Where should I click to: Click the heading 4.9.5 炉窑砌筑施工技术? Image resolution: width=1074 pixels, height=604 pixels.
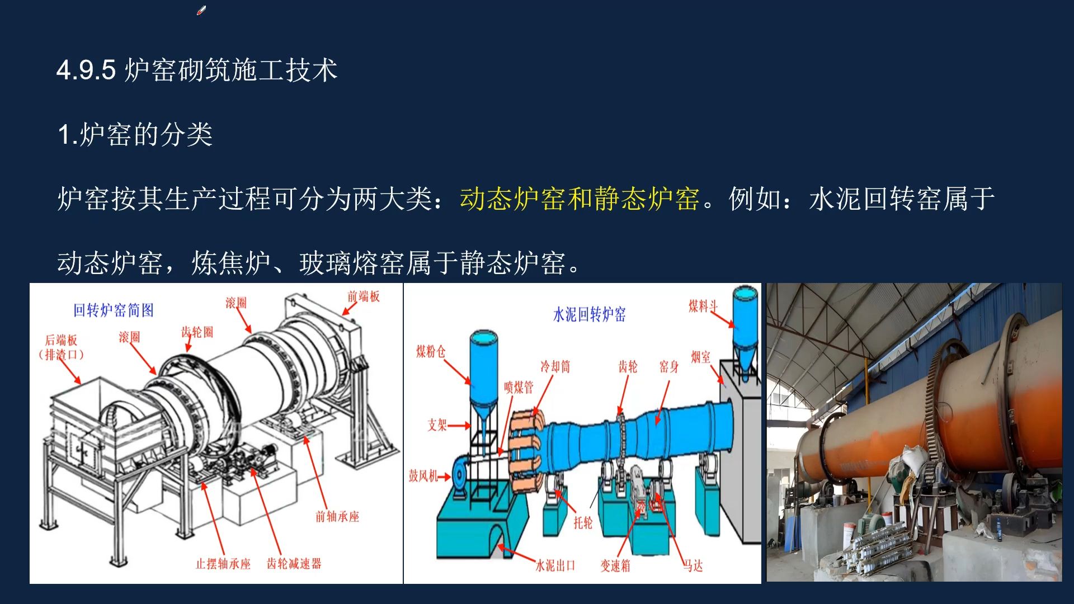click(197, 70)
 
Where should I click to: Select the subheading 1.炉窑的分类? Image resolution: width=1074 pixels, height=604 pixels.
click(135, 135)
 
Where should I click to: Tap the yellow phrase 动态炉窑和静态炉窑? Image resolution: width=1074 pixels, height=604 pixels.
click(580, 199)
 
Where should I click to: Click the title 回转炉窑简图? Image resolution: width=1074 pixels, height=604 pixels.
click(114, 310)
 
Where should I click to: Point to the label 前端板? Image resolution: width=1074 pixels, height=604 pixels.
click(364, 296)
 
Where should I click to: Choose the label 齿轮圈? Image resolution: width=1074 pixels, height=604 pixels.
click(197, 332)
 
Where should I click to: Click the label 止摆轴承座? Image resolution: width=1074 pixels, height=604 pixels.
click(223, 564)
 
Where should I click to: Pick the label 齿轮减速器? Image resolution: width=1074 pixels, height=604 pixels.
click(294, 563)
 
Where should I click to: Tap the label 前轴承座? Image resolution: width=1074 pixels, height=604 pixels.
click(337, 516)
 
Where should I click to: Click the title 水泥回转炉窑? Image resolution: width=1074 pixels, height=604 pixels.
click(590, 314)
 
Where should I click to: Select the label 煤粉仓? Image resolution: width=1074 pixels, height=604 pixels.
click(431, 351)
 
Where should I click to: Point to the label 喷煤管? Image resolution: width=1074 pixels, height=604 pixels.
click(519, 387)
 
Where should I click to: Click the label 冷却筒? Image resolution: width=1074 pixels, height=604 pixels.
click(555, 366)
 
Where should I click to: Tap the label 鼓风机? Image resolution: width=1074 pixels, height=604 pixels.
click(423, 476)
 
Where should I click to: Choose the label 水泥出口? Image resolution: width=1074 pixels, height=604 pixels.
click(555, 565)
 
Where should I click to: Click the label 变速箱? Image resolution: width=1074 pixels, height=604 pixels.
click(615, 566)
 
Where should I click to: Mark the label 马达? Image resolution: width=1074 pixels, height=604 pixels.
click(693, 566)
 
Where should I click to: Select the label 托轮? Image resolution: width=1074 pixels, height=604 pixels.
click(583, 522)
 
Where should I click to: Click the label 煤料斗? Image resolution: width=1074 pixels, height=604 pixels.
click(703, 306)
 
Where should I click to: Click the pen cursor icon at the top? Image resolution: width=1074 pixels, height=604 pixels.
click(201, 11)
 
